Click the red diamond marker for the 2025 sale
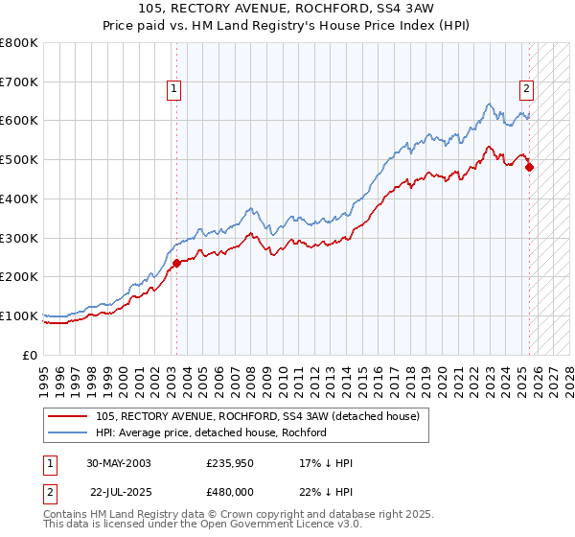pos(530,167)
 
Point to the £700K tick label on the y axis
pos(19,82)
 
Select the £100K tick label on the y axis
pos(19,315)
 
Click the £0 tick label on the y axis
pos(30,355)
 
